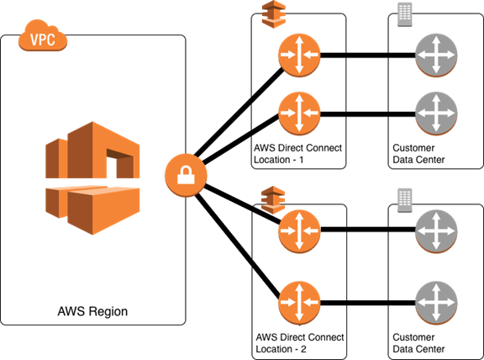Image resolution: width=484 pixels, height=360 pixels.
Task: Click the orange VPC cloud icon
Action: point(43,35)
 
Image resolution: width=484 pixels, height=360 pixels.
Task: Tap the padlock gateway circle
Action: point(186,175)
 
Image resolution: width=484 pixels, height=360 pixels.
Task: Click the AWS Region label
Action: point(92,311)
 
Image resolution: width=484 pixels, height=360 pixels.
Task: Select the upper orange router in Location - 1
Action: point(299,56)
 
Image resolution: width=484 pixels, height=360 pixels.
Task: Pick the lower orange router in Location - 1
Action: point(299,114)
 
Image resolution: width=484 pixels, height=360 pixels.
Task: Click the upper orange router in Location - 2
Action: point(299,230)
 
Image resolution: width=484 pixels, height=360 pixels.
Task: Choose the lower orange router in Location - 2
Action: point(299,303)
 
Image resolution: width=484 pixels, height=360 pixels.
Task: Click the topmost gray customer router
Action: point(436,56)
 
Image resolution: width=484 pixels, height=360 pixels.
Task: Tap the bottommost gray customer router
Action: point(436,303)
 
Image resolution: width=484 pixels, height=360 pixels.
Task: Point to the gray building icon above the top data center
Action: point(405,14)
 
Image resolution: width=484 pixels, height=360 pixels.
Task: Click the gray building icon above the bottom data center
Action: point(405,200)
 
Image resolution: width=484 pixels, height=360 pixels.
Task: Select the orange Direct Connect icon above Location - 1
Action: point(273,14)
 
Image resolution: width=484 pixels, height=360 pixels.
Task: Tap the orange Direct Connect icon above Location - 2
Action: point(273,199)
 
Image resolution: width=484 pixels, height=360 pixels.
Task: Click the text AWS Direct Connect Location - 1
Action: point(297,154)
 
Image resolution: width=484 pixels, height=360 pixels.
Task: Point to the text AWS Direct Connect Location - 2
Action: point(300,343)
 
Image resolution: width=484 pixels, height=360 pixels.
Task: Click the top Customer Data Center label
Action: point(418,154)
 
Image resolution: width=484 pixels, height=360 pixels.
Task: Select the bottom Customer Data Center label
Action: point(418,343)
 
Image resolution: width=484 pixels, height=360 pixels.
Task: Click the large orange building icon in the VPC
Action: point(92,178)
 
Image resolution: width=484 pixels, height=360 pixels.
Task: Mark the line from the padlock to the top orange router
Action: point(239,113)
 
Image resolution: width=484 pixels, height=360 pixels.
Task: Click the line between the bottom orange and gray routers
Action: point(368,303)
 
